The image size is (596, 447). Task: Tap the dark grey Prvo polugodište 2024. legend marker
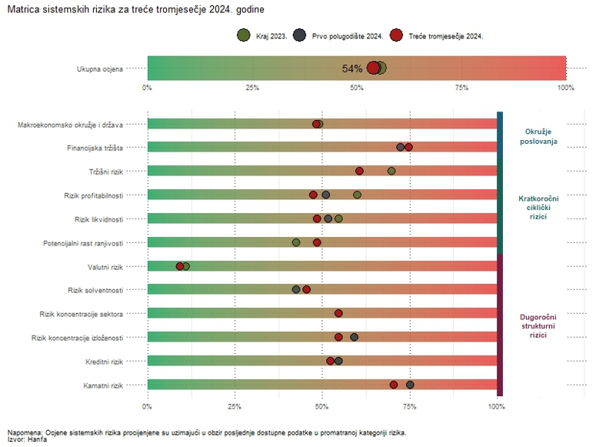(300, 35)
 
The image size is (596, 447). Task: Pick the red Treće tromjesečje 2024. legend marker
(397, 35)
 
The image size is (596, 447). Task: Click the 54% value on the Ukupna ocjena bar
(352, 68)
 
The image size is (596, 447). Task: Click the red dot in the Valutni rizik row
(180, 266)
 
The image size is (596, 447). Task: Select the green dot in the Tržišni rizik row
(391, 171)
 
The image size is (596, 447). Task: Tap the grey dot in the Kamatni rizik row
(410, 385)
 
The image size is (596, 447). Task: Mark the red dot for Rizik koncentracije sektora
(338, 313)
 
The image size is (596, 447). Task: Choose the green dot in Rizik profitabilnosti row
(357, 195)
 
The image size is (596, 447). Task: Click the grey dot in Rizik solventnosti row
(296, 290)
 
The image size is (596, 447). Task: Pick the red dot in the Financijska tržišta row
(409, 147)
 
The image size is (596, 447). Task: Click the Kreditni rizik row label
(106, 361)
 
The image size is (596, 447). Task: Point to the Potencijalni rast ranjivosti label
(83, 242)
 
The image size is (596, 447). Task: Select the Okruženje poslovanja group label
(538, 136)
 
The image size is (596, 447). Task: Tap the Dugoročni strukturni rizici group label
(538, 325)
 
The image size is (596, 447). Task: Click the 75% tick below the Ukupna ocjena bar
(461, 87)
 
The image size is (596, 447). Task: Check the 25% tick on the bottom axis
(235, 405)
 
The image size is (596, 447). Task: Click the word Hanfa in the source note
(37, 439)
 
